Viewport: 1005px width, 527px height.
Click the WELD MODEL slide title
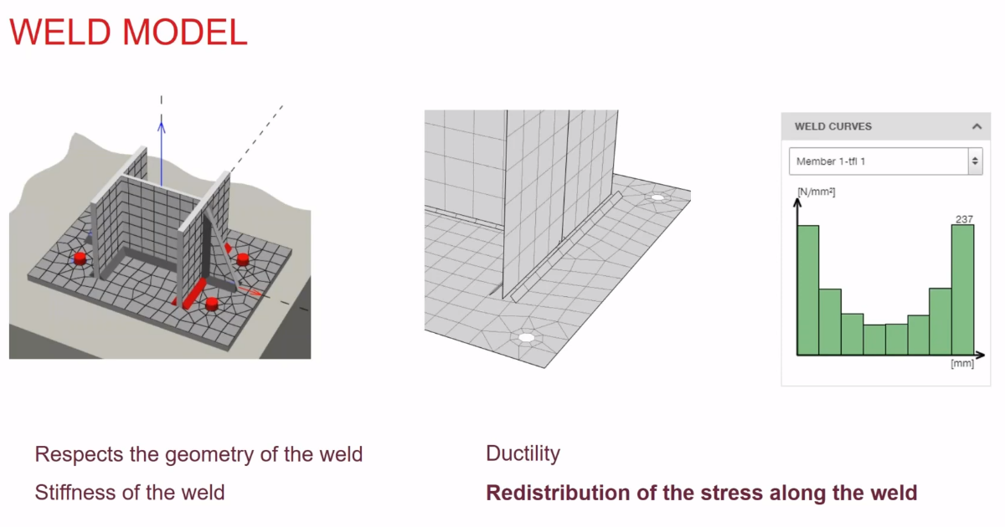[x=128, y=32]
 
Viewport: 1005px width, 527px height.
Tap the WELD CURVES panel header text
[x=833, y=126]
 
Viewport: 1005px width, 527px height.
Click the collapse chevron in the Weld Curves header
[x=976, y=126]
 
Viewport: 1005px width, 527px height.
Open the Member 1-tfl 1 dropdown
[x=875, y=161]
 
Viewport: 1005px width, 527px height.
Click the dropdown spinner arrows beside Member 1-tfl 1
[x=974, y=161]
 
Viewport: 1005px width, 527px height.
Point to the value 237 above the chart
[x=964, y=219]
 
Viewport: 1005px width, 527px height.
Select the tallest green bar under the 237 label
[x=963, y=289]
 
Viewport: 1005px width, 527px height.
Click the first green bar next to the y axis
[x=807, y=289]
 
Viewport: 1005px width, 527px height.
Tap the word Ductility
[x=523, y=454]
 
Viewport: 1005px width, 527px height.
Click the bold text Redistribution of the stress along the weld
[x=702, y=493]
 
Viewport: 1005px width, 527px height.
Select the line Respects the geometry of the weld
[x=198, y=454]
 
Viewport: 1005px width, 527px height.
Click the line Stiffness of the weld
[x=130, y=493]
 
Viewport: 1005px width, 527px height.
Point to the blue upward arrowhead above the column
[x=162, y=126]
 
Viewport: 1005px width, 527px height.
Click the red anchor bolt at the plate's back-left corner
[x=80, y=257]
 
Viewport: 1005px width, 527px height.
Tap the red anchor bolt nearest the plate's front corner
[x=212, y=303]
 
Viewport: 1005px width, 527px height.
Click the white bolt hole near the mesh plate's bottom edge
[x=526, y=338]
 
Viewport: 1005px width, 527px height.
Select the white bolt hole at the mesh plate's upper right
[x=657, y=198]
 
